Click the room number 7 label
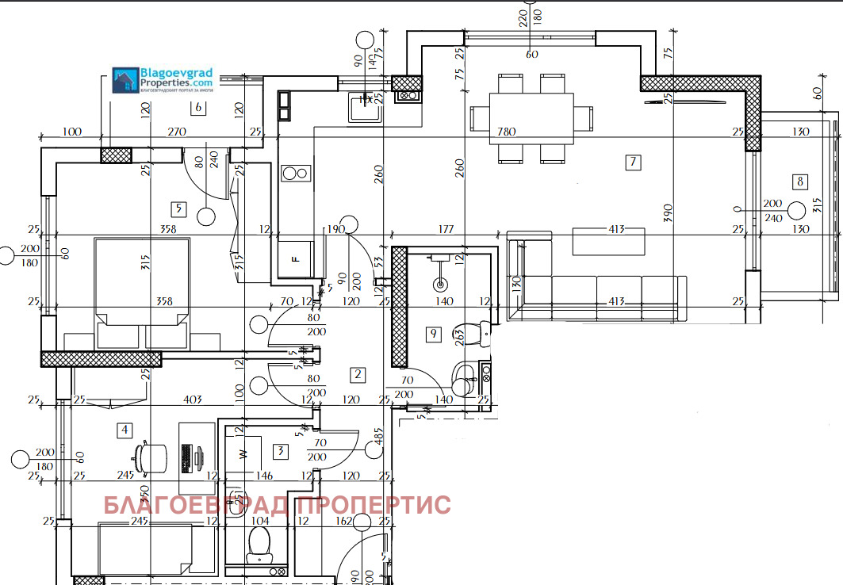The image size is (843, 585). pos(632,163)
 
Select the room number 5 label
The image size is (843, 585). pos(178,209)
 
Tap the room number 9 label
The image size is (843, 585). pos(433,334)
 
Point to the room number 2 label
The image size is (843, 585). pos(358,374)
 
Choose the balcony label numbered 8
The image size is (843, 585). pos(799,182)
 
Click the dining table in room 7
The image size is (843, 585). pos(531,117)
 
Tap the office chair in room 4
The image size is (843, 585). pos(151,457)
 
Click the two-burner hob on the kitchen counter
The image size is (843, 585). pos(296,173)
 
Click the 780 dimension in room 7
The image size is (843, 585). pos(506,131)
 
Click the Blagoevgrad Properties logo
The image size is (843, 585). pos(163,80)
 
